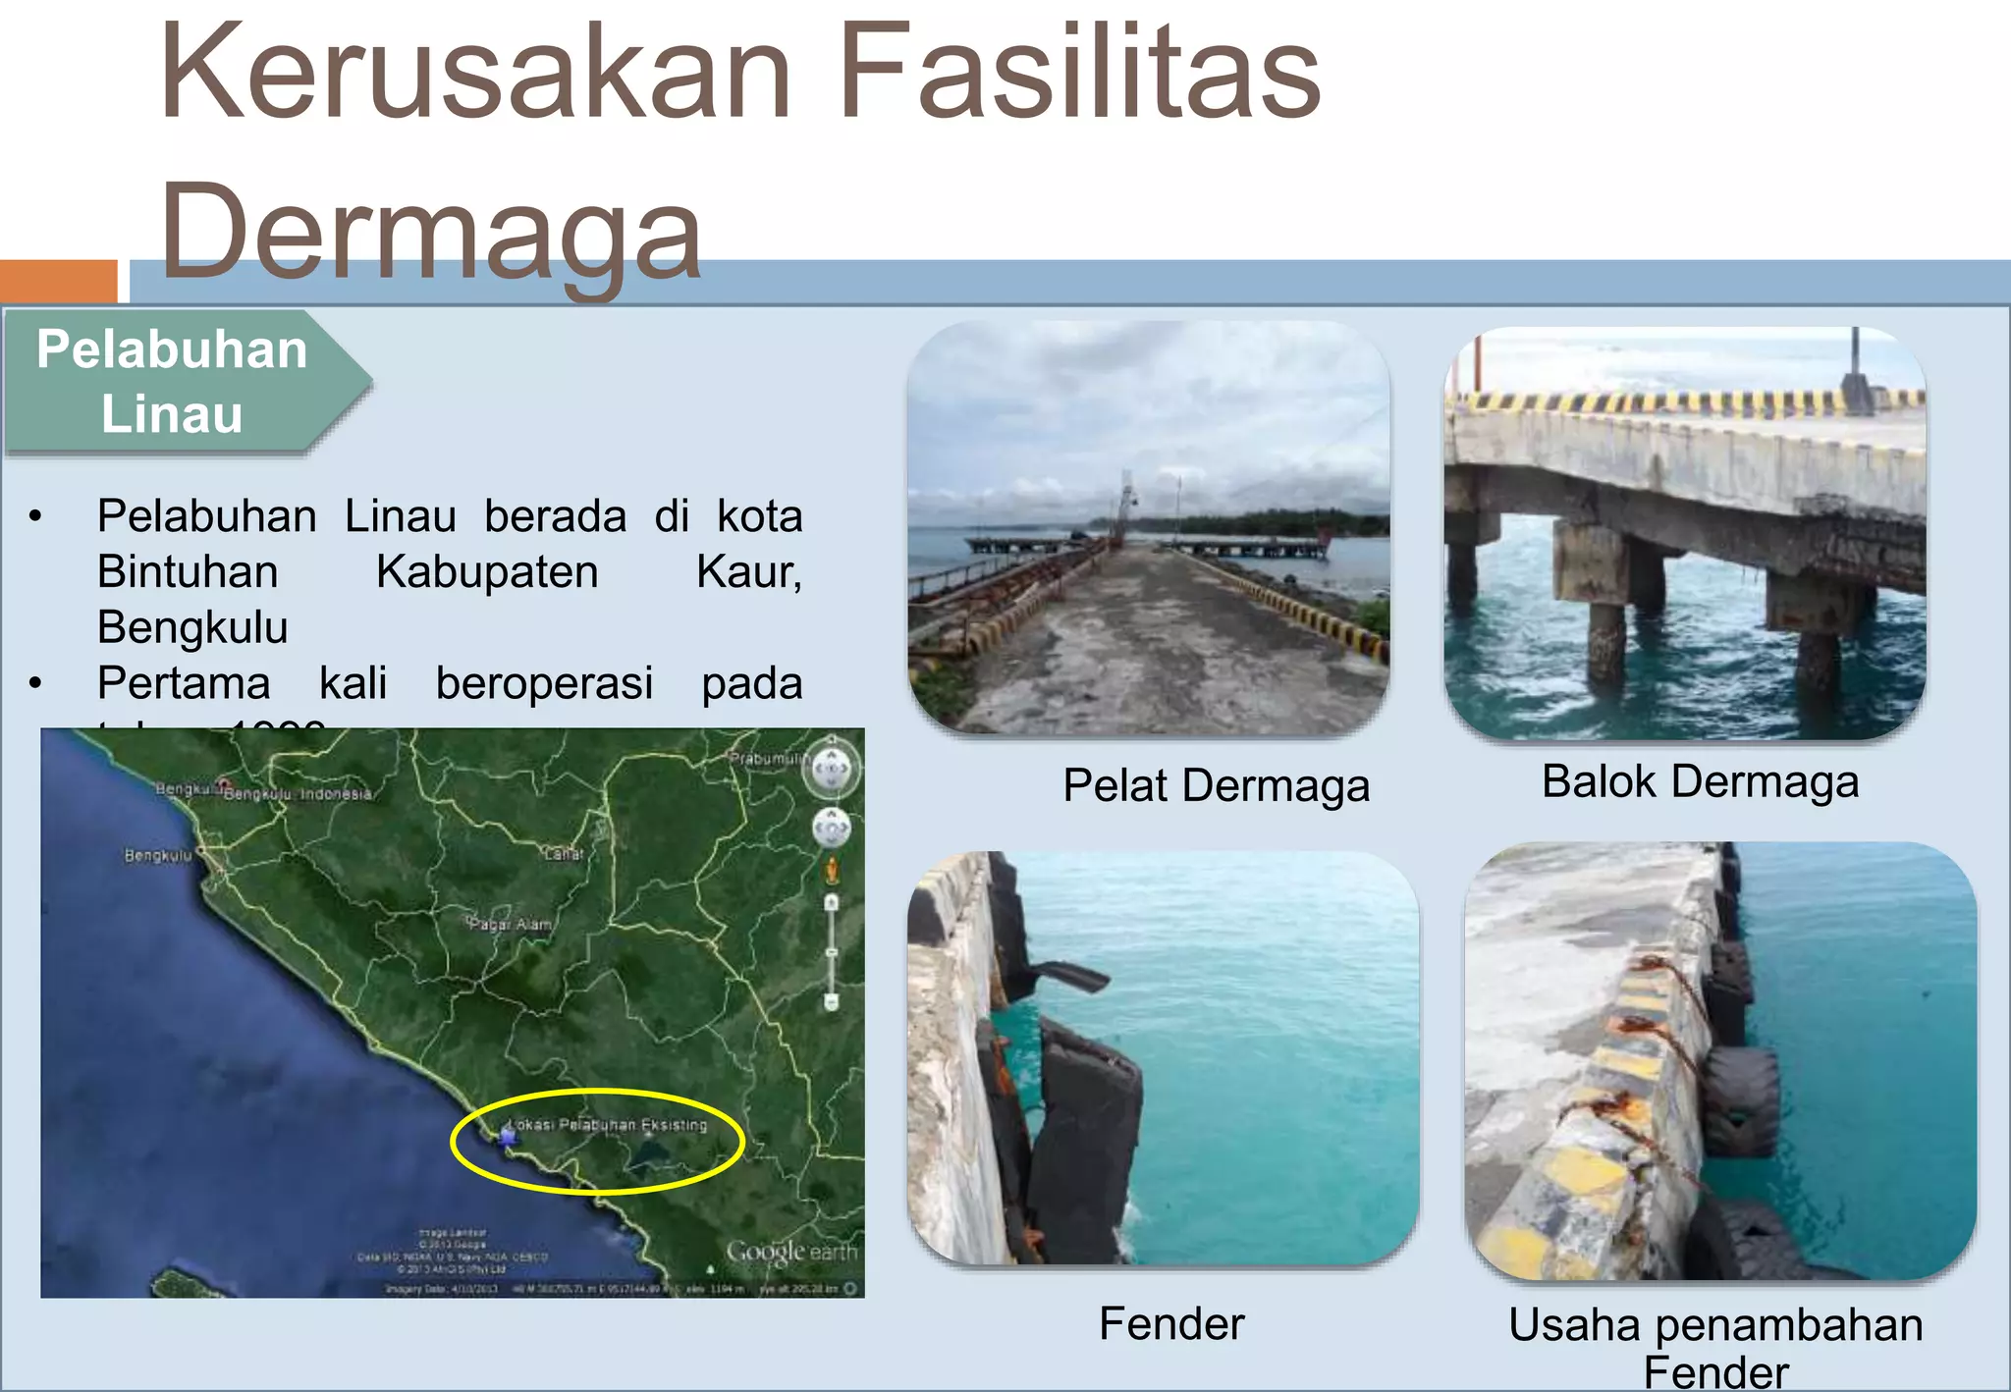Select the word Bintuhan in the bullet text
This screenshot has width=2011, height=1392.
[x=188, y=572]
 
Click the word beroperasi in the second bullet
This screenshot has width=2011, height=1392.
[x=544, y=683]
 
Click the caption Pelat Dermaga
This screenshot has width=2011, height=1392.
[x=1216, y=786]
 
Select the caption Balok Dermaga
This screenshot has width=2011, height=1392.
[x=1700, y=782]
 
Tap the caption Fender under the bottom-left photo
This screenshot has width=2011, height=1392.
[x=1171, y=1324]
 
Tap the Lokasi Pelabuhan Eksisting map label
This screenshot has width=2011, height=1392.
[x=609, y=1125]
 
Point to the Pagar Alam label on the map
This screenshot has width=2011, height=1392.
[x=510, y=925]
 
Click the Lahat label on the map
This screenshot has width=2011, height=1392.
[x=565, y=854]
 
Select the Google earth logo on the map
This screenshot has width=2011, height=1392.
[x=790, y=1253]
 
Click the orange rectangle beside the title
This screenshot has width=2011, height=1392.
[x=58, y=281]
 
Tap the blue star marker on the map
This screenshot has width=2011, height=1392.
[x=508, y=1137]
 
